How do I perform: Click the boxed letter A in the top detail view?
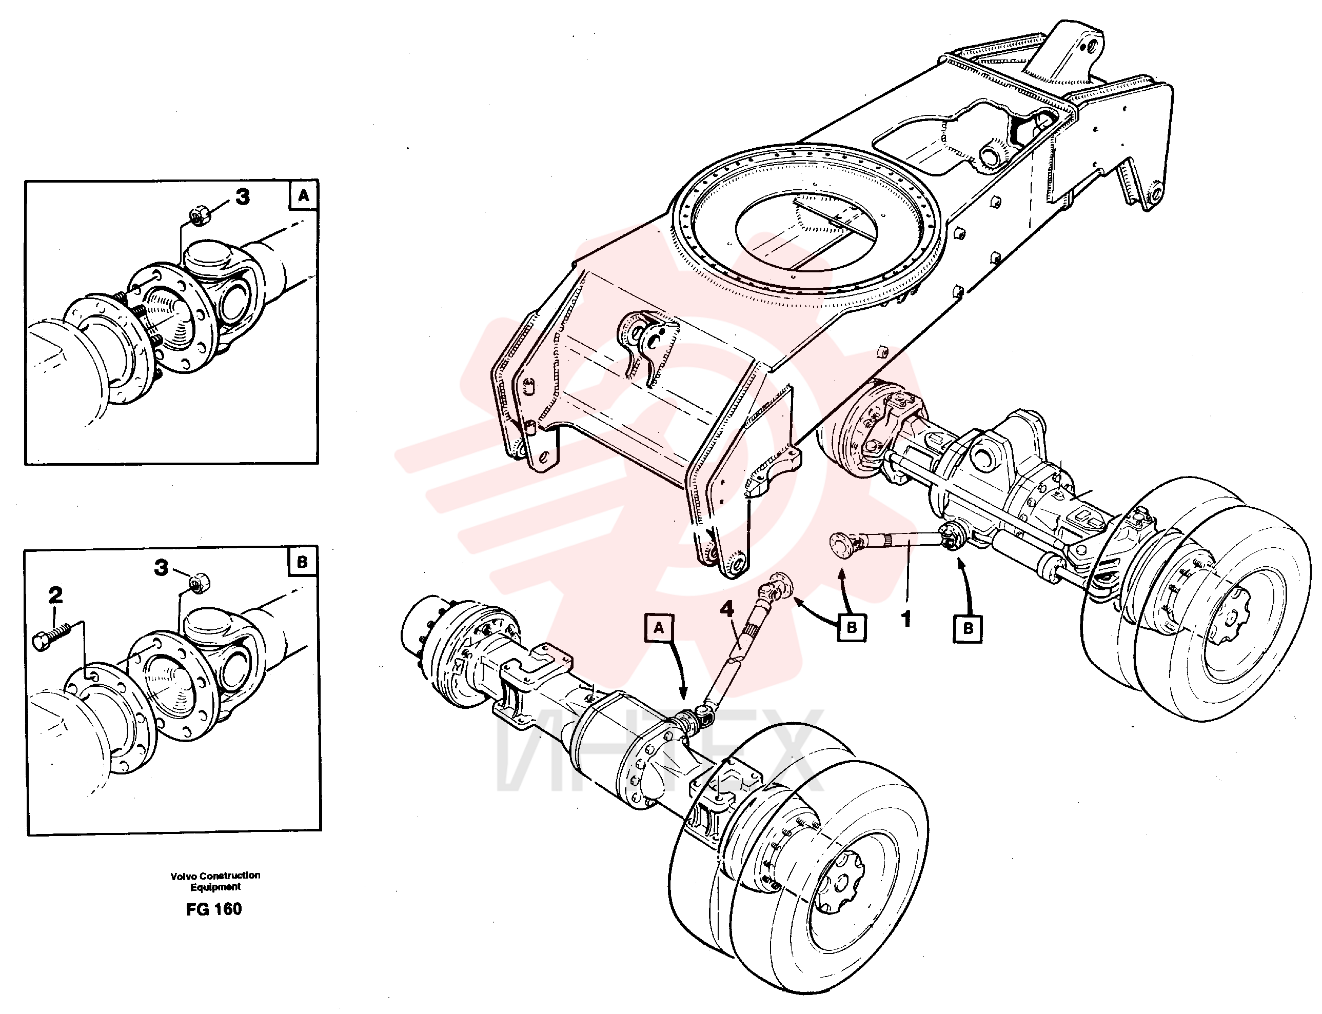[303, 195]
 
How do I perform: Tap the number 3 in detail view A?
[242, 197]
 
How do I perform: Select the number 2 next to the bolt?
[55, 595]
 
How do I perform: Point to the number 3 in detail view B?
[161, 568]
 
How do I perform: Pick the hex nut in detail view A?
[199, 214]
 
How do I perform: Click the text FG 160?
[214, 909]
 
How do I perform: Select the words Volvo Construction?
[215, 875]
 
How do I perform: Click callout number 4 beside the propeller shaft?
[727, 608]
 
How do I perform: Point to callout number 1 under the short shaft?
[906, 619]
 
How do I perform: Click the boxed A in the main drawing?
[659, 628]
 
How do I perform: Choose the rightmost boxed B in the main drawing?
[968, 628]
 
